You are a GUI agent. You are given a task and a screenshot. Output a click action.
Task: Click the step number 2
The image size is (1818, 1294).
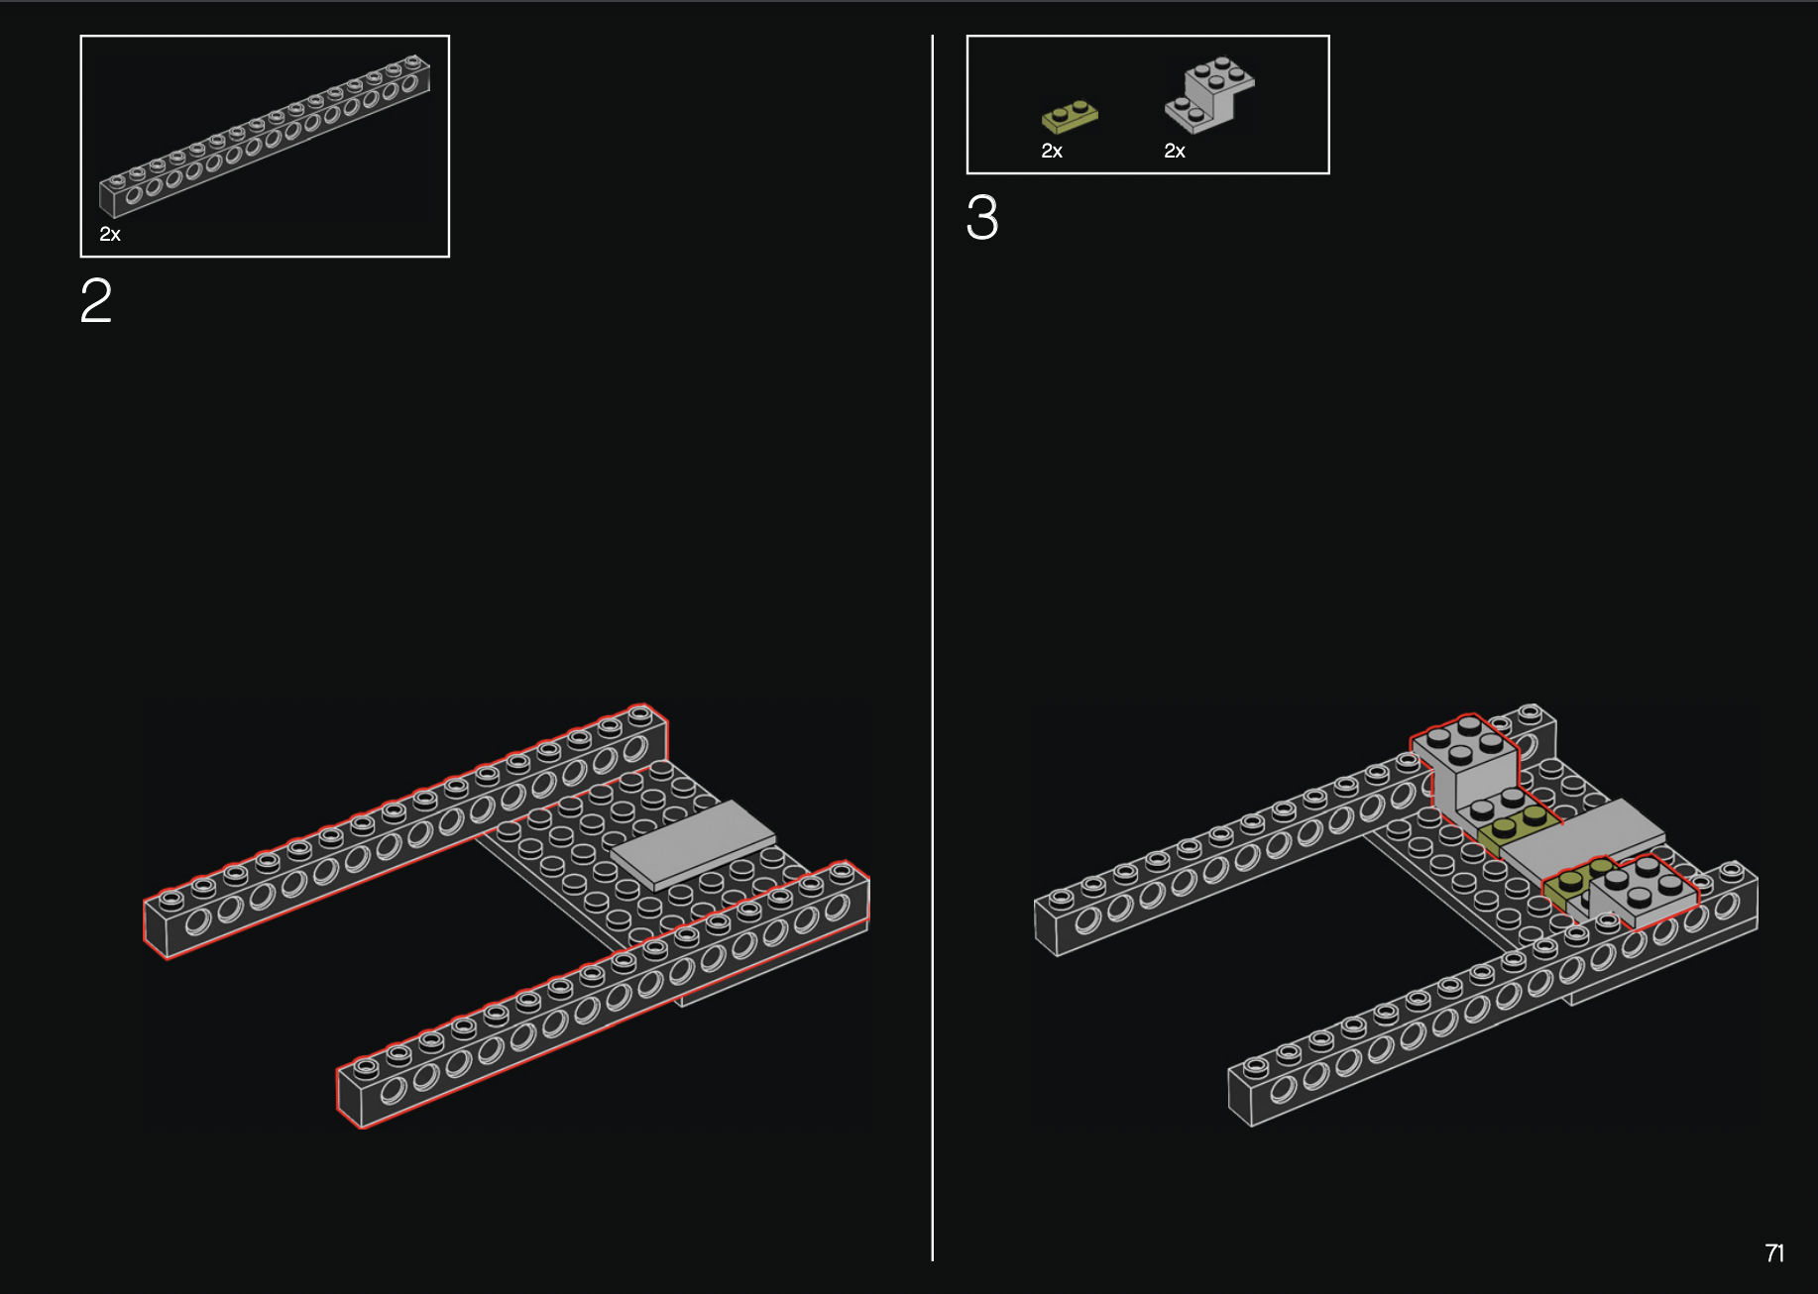[96, 300]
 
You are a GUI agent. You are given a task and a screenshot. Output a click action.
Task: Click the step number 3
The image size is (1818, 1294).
[982, 217]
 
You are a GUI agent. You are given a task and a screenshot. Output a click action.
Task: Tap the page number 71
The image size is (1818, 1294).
[1774, 1253]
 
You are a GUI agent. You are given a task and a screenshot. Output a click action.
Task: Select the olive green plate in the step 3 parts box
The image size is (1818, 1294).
[1070, 117]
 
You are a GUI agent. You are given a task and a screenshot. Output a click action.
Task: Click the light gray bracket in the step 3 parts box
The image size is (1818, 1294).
[1209, 95]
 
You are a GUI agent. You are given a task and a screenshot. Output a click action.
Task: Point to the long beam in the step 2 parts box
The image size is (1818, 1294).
[265, 136]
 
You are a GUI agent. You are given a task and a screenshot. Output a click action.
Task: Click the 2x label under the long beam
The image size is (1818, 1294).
[110, 235]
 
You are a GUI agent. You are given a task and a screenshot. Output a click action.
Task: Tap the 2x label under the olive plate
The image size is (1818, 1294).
[1052, 152]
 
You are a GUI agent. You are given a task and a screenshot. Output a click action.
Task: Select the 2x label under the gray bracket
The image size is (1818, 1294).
[1175, 152]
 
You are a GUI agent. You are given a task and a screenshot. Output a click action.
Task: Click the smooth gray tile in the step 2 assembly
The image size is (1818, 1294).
[693, 844]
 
